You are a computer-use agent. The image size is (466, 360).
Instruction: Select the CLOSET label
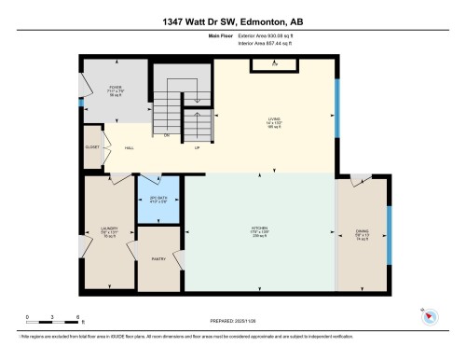(92, 147)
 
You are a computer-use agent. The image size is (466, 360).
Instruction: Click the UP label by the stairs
(197, 147)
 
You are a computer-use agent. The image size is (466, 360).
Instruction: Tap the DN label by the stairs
(167, 135)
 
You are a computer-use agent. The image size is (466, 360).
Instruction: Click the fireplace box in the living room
(274, 63)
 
